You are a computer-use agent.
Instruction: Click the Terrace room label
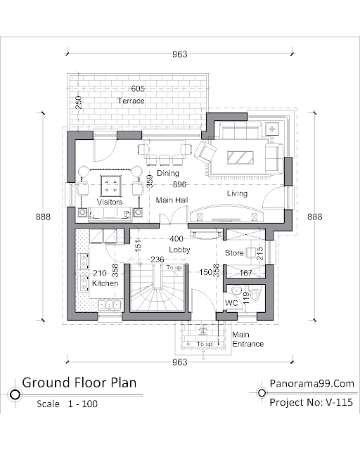[131, 101]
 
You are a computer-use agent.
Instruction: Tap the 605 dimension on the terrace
[138, 89]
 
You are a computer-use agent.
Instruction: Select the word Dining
[168, 174]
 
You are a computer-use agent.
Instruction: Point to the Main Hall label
[172, 200]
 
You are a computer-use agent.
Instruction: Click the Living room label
[237, 193]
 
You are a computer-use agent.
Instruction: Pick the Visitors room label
[110, 202]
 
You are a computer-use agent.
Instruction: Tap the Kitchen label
[105, 283]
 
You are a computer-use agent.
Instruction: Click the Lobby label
[179, 250]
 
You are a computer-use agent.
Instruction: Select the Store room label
[234, 253]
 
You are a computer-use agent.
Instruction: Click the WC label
[231, 303]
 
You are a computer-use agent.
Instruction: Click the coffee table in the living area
[240, 157]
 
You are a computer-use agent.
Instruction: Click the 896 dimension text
[179, 184]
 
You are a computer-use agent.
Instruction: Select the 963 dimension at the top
[180, 54]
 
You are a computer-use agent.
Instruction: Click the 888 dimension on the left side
[43, 217]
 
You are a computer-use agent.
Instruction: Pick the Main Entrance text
[247, 339]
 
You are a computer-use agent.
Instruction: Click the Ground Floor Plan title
[79, 382]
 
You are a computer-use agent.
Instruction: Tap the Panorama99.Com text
[312, 383]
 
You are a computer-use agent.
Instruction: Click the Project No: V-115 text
[311, 402]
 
